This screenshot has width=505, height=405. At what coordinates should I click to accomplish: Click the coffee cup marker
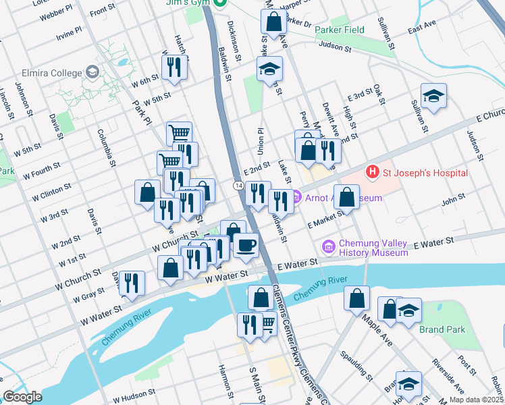[x=246, y=244]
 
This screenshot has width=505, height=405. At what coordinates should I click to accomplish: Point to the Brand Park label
[x=442, y=330]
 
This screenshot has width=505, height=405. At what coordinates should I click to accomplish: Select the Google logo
[x=22, y=396]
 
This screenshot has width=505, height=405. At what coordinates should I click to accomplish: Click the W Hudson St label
[x=130, y=391]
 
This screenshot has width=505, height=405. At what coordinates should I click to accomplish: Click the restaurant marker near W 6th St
[x=174, y=67]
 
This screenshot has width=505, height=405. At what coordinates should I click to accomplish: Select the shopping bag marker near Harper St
[x=273, y=22]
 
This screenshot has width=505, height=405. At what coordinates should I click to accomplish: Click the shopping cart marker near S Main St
[x=267, y=325]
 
